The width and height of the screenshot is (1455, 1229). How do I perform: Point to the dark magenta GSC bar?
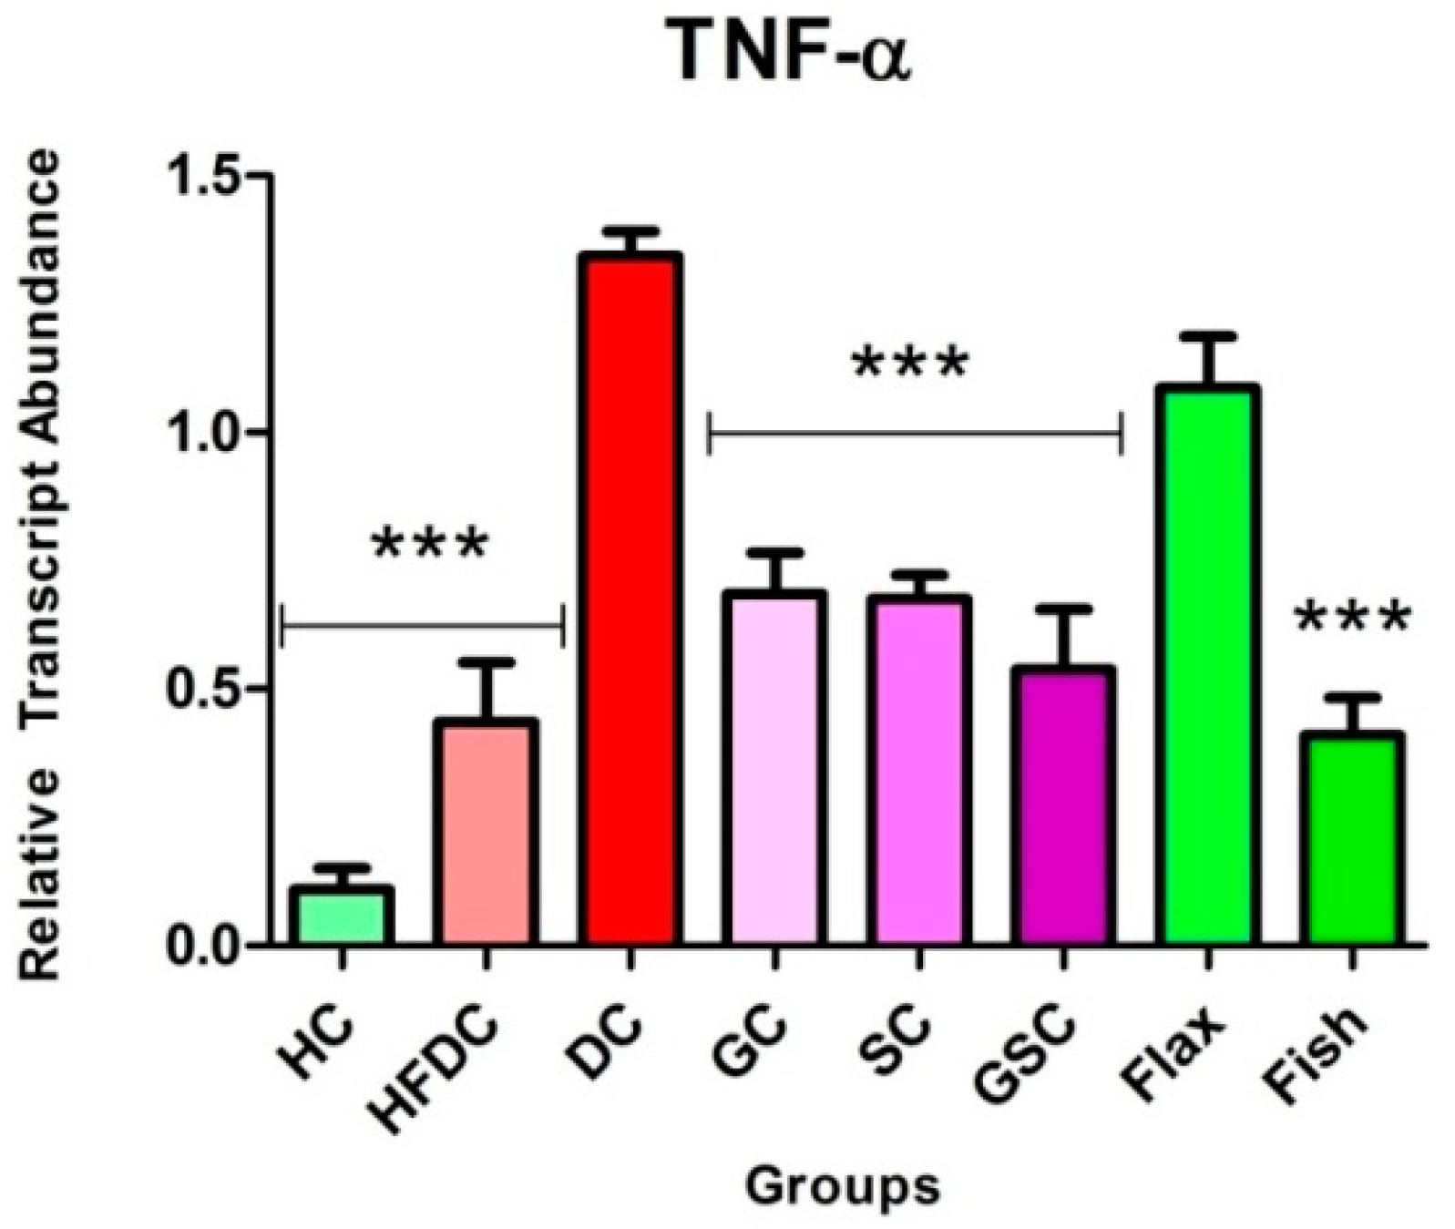pyautogui.click(x=1062, y=806)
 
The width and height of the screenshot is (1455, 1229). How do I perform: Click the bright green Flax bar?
pyautogui.click(x=1207, y=665)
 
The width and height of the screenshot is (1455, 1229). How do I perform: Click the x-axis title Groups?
pyautogui.click(x=843, y=1186)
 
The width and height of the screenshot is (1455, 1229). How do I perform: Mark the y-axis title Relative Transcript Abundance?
pyautogui.click(x=41, y=565)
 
